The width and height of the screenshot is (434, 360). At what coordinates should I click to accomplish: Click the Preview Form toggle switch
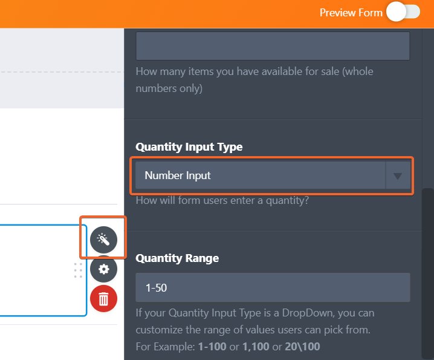[x=404, y=12]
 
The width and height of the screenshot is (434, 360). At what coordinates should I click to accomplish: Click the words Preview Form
[x=351, y=13]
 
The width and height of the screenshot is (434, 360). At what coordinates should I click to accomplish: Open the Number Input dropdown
[x=260, y=175]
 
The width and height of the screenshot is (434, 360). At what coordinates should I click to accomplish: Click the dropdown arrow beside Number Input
[x=398, y=176]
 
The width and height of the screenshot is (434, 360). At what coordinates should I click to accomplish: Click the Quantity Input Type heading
[x=189, y=147]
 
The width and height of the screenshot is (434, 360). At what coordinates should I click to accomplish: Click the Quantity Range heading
[x=177, y=258]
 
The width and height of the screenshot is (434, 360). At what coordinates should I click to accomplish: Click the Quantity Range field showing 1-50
[x=273, y=287]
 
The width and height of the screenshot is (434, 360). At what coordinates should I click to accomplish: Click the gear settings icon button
[x=103, y=269]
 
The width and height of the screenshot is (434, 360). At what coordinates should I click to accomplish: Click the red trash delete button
[x=103, y=298]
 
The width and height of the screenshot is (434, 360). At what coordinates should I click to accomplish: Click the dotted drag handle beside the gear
[x=78, y=270]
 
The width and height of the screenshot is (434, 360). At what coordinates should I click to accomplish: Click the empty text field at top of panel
[x=273, y=45]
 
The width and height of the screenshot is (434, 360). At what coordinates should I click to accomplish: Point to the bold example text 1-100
[x=212, y=347]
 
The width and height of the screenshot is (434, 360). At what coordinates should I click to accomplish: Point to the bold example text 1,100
[x=254, y=347]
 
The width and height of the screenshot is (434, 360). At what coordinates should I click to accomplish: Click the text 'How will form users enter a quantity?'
[x=222, y=200]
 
